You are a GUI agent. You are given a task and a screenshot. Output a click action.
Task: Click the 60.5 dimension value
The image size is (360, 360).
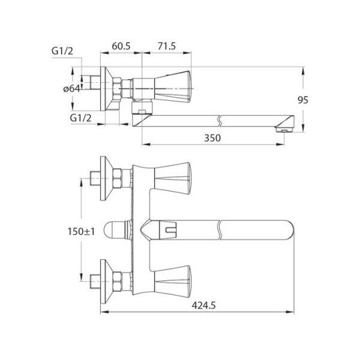[x=121, y=46]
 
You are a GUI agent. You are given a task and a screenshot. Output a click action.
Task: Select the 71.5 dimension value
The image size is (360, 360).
[x=166, y=46]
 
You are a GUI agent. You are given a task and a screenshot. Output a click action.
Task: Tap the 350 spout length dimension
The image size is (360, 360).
[x=212, y=138]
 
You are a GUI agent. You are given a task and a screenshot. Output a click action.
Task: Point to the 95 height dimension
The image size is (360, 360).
[x=303, y=100]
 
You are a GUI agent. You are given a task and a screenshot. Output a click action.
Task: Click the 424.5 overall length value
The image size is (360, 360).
[x=203, y=305]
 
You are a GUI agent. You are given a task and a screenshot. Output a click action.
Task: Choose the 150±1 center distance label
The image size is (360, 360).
[x=81, y=232]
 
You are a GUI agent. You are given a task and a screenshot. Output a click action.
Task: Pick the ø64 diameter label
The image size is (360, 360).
[x=71, y=88]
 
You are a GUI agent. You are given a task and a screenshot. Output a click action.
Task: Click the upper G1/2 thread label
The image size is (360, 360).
[x=62, y=51]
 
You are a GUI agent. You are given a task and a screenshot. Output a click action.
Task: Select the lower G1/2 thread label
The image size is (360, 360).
[x=80, y=118]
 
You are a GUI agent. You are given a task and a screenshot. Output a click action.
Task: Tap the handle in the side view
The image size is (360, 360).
[x=173, y=86]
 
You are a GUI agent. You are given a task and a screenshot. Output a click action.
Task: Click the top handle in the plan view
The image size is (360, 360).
[x=172, y=178]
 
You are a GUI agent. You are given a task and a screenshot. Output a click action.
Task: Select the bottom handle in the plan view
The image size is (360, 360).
[x=172, y=281]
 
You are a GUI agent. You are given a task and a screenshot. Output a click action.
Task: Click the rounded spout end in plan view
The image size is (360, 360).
[x=290, y=230]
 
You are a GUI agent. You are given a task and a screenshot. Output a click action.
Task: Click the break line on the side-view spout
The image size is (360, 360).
[x=220, y=121]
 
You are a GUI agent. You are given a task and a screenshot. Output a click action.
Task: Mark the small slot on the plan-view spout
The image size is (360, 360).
[x=170, y=230]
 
